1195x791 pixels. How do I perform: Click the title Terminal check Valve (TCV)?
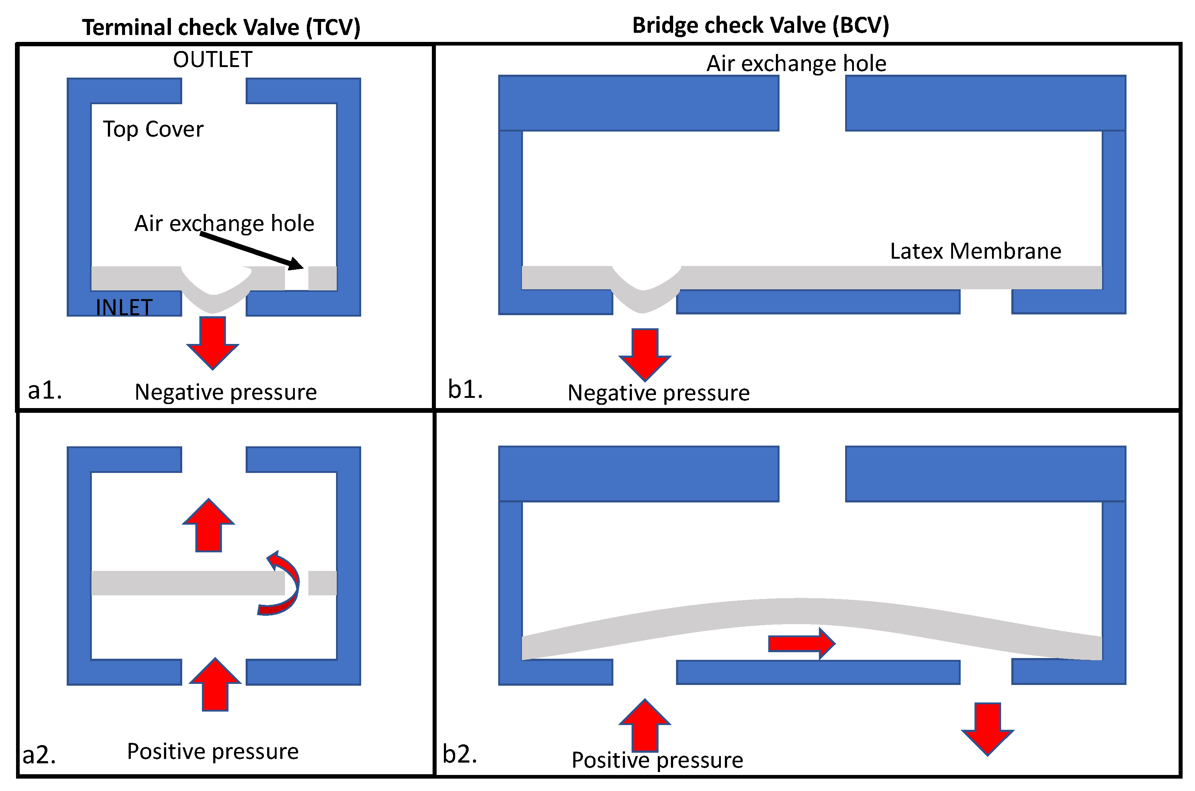tap(221, 27)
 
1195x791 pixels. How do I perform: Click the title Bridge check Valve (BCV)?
tap(760, 25)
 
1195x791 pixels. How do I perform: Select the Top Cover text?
tap(153, 129)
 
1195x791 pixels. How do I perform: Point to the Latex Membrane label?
tap(975, 251)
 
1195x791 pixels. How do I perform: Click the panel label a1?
tap(45, 390)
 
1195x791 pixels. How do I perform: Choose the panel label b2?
tap(460, 754)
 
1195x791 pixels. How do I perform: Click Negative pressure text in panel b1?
tap(658, 392)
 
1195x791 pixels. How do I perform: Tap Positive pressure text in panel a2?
tap(212, 751)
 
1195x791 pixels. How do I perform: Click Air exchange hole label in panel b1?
tap(796, 63)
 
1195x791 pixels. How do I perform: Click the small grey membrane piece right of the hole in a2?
tap(322, 583)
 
